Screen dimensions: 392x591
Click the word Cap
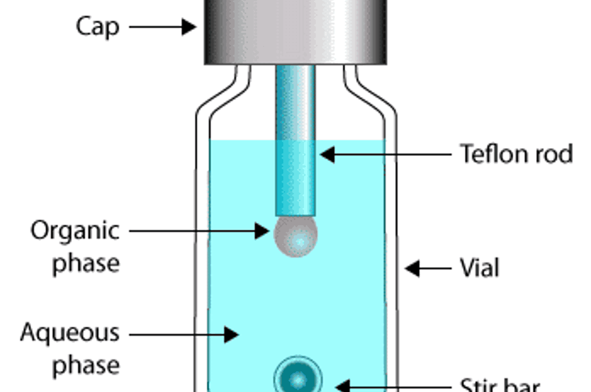98,27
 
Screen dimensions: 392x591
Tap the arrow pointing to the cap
163,27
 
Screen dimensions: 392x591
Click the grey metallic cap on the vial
295,31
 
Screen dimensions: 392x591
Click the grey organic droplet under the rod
295,237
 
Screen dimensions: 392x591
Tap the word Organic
75,231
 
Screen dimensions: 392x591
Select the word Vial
479,268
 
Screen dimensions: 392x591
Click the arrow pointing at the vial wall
428,268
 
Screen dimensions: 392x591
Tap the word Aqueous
70,333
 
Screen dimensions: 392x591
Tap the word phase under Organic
86,264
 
